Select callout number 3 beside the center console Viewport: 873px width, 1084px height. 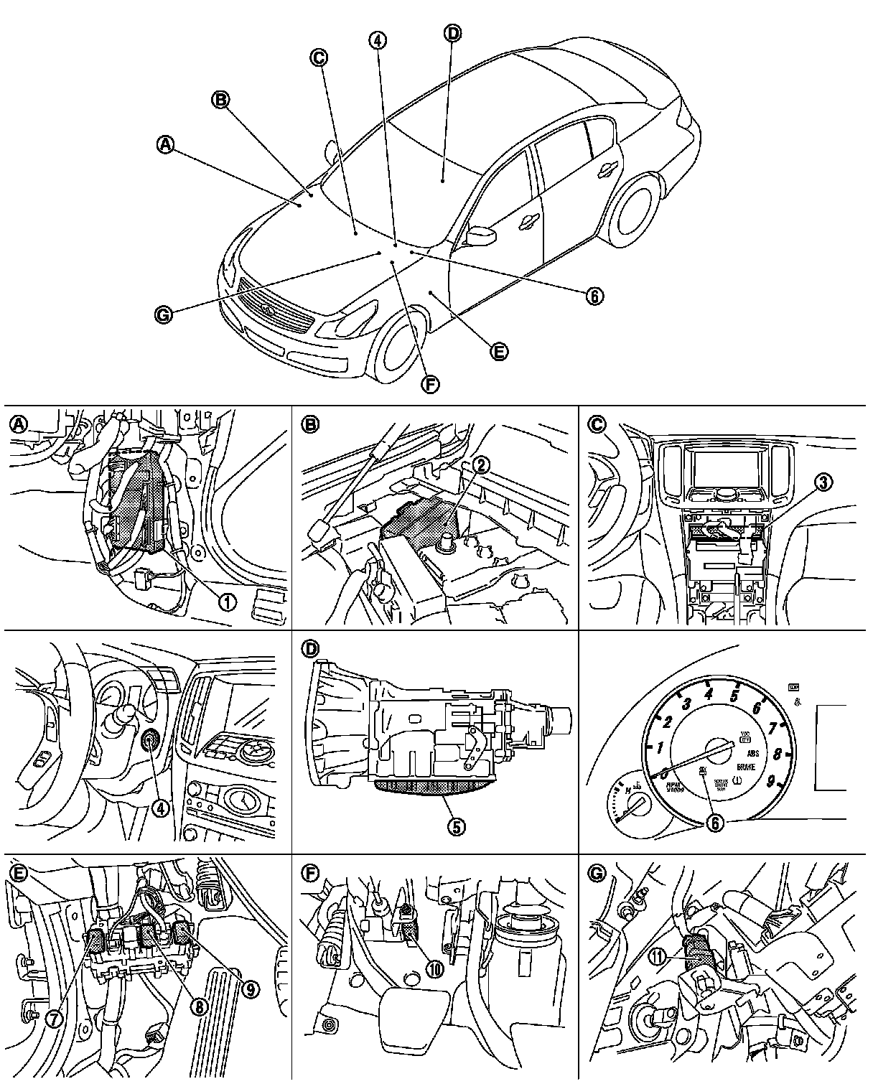point(824,482)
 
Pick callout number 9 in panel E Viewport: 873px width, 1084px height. point(250,989)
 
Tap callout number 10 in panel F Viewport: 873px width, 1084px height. point(435,966)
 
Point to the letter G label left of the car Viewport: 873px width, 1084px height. point(164,314)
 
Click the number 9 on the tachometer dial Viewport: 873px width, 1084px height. point(770,782)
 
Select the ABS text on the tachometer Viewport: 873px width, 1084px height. point(753,754)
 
